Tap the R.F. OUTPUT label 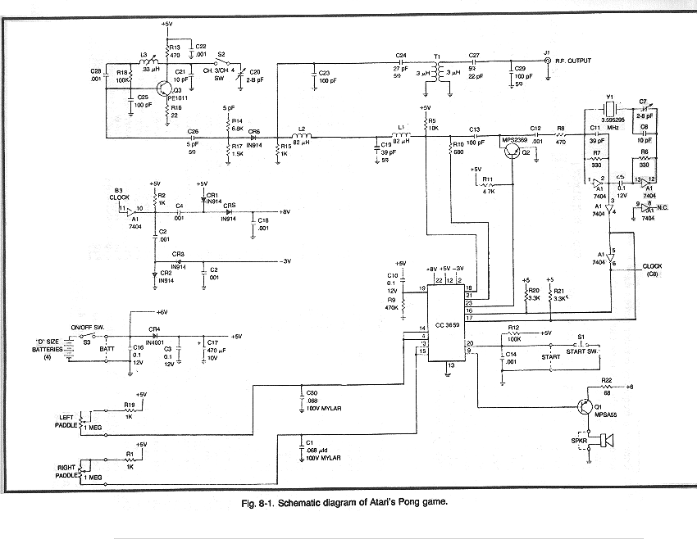click(572, 61)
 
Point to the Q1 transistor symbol click(585, 407)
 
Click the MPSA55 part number click(608, 413)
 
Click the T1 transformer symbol click(444, 72)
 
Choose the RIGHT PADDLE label click(66, 469)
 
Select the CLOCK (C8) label click(653, 269)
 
